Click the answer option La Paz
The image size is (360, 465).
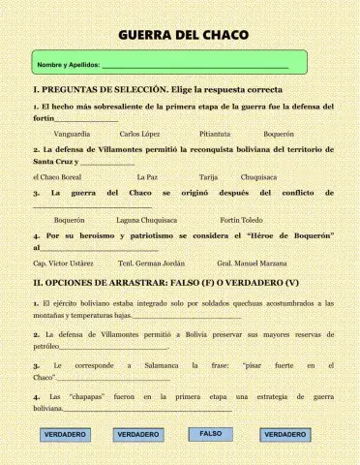pos(147,177)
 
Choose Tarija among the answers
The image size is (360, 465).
pos(208,177)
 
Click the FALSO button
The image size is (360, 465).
pos(211,434)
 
